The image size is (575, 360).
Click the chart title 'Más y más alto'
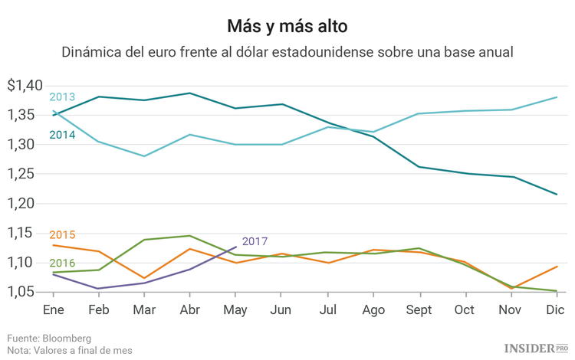pyautogui.click(x=287, y=26)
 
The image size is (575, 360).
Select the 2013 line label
pyautogui.click(x=62, y=97)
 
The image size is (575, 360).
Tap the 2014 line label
pyautogui.click(x=62, y=135)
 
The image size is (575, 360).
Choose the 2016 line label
pyautogui.click(x=62, y=263)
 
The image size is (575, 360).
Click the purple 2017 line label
pyautogui.click(x=255, y=241)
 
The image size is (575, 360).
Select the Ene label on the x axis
pyautogui.click(x=53, y=309)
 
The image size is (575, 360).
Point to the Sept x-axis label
pyautogui.click(x=419, y=309)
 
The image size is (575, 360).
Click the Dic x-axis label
pyautogui.click(x=556, y=309)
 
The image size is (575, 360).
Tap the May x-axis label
pyautogui.click(x=236, y=309)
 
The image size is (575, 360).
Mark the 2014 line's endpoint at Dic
pyautogui.click(x=556, y=194)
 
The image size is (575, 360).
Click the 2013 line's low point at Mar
pyautogui.click(x=144, y=156)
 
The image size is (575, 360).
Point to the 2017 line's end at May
pyautogui.click(x=236, y=247)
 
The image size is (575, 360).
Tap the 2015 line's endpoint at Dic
pyautogui.click(x=556, y=267)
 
